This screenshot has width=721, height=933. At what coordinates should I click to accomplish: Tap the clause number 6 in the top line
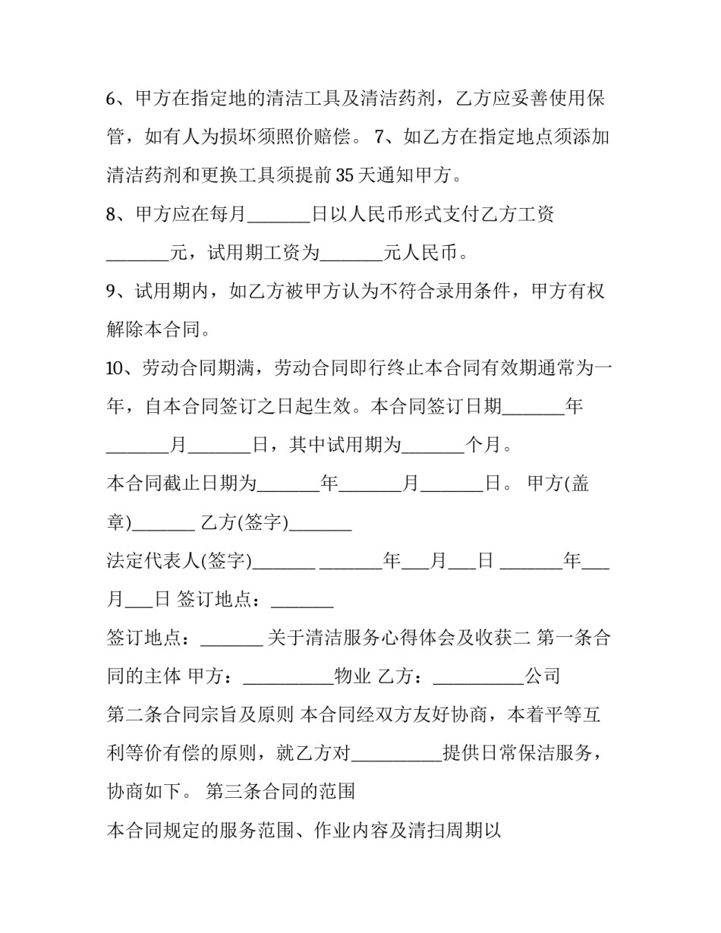click(x=111, y=99)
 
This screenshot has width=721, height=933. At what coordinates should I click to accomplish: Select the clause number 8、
click(x=116, y=215)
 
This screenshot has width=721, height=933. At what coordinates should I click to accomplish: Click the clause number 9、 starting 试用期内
click(x=116, y=292)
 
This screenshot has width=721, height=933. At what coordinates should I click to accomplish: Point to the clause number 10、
click(x=120, y=369)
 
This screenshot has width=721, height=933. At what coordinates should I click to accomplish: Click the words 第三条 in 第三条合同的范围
click(x=228, y=792)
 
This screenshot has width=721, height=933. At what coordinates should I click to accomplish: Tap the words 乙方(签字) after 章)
click(x=244, y=523)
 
